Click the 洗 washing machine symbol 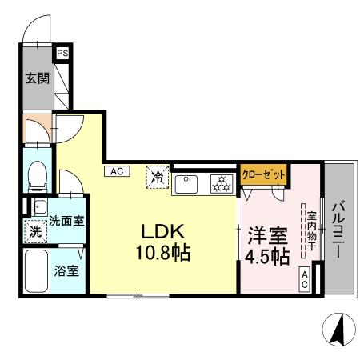click(x=35, y=232)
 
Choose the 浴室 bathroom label click(x=67, y=270)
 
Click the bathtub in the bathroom click(x=37, y=272)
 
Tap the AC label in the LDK click(x=116, y=170)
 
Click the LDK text click(x=164, y=232)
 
